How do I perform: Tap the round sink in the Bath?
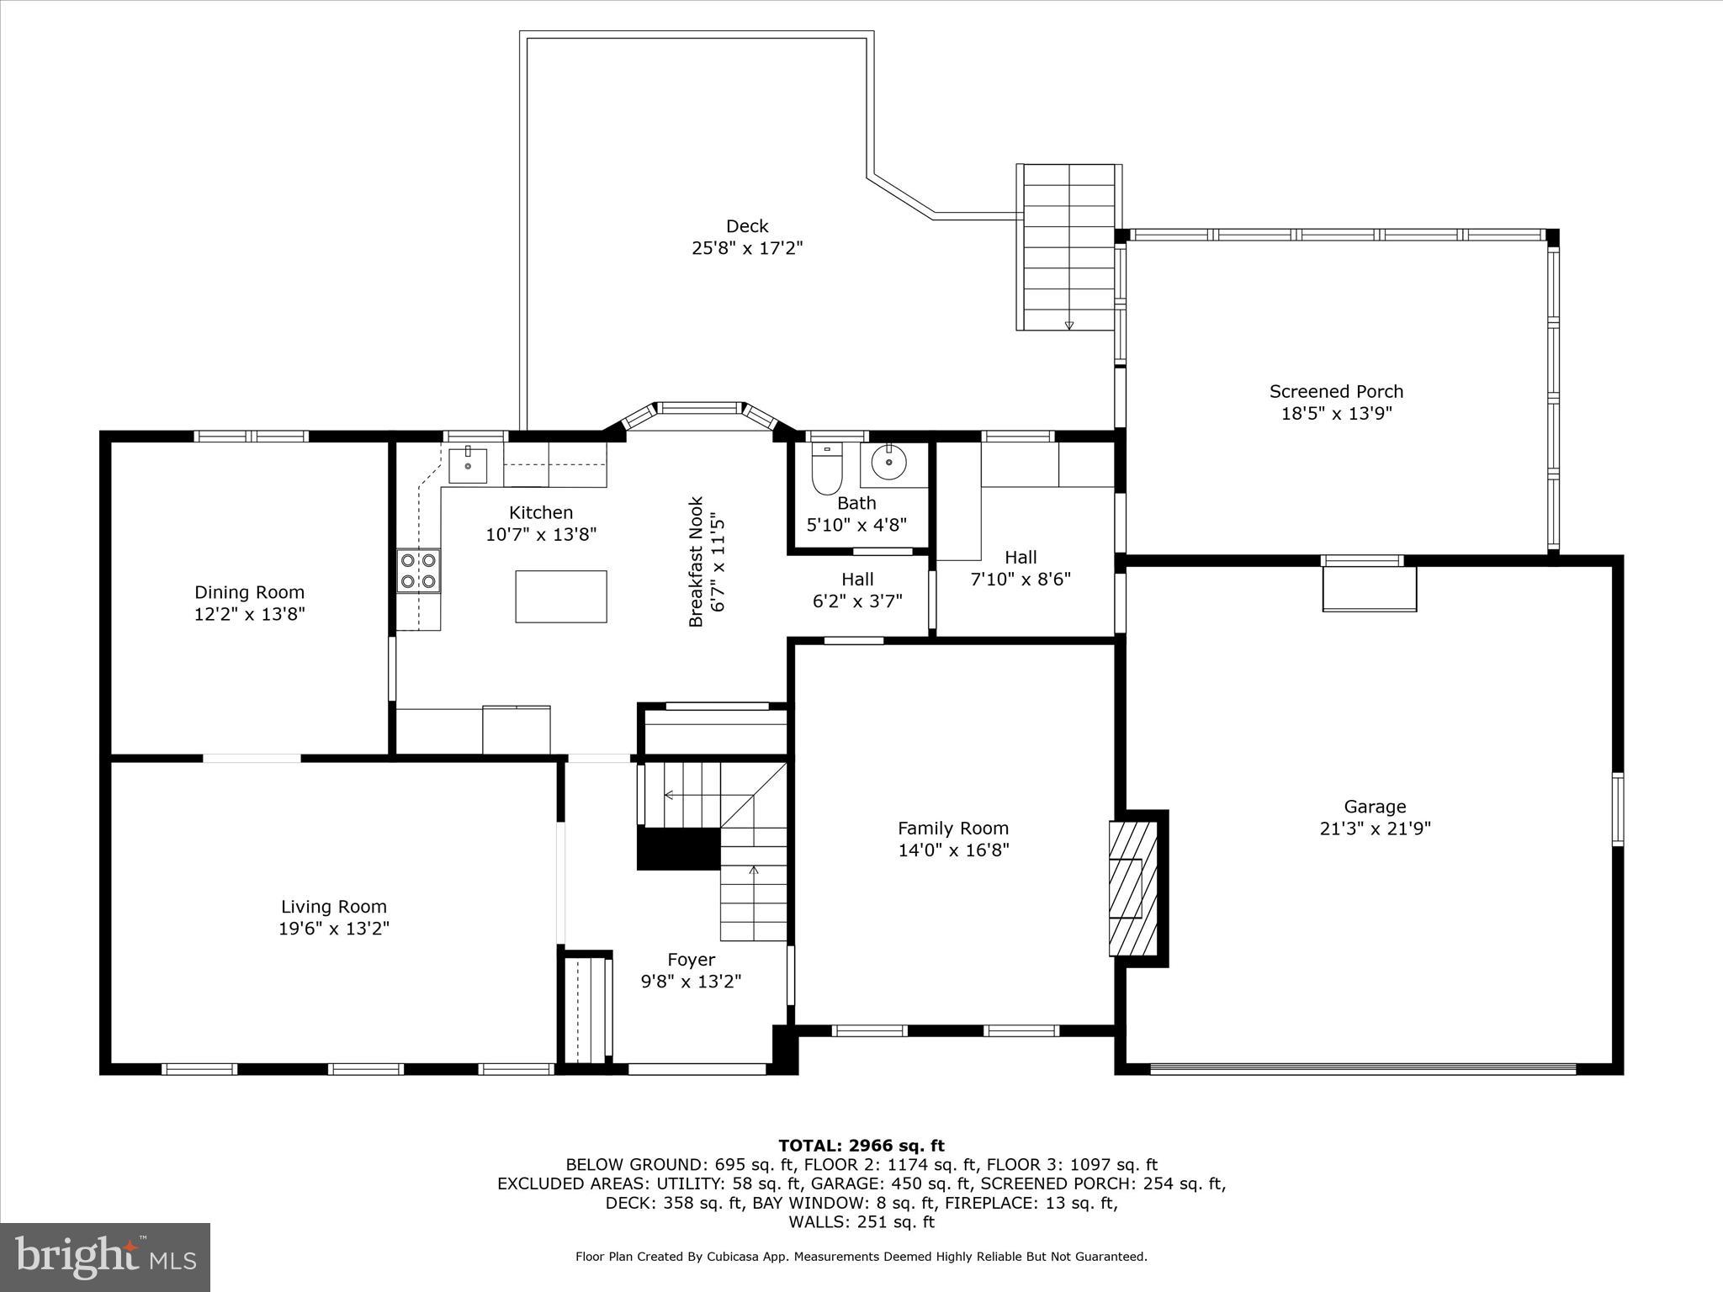coord(888,462)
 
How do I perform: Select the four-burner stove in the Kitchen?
coord(418,569)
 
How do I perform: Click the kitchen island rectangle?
coord(560,596)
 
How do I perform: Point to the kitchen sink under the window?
coord(467,464)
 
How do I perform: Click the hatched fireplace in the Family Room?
coord(1132,888)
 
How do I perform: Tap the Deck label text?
coord(747,226)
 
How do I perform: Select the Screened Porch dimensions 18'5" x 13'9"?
coord(1336,413)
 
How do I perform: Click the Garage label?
coord(1375,807)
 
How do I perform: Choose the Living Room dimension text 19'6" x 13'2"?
coord(334,929)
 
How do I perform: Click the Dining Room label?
coord(249,592)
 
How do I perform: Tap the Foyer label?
coord(691,960)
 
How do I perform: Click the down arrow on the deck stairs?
coord(1069,325)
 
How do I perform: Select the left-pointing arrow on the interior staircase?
coord(669,794)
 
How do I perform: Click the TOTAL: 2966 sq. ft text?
coord(861,1146)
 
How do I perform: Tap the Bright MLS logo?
coord(105,1257)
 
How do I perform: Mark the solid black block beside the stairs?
coord(678,849)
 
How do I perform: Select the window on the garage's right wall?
coord(1617,808)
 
